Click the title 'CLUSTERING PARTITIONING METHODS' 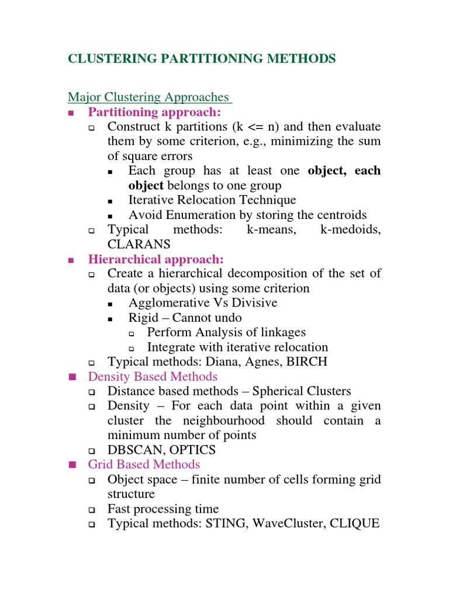(202, 58)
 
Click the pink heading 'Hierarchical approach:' (156, 259)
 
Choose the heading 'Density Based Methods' (153, 377)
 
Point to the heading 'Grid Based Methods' (144, 465)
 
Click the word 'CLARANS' (139, 244)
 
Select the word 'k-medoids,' (351, 230)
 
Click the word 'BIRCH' (307, 362)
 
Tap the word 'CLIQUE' (355, 524)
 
